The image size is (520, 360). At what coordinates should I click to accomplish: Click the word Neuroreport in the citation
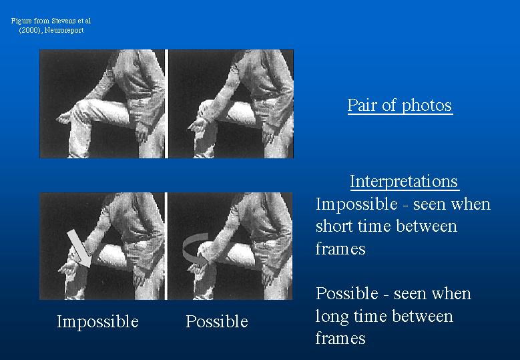(64, 30)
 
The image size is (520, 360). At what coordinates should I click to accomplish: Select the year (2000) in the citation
(31, 30)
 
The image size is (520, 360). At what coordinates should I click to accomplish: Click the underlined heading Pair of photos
(400, 105)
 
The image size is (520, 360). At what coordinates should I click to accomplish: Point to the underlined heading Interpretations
(405, 181)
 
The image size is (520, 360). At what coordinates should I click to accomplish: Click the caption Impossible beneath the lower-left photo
(97, 321)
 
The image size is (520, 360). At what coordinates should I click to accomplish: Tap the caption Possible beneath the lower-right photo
(217, 321)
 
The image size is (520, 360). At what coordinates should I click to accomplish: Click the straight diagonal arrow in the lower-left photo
(79, 248)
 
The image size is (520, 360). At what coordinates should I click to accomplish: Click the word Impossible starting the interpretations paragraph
(356, 204)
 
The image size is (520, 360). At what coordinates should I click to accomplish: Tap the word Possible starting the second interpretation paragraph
(347, 294)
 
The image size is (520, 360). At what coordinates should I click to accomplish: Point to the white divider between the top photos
(166, 104)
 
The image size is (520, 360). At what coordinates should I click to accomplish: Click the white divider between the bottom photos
(166, 246)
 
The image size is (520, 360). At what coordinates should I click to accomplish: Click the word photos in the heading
(427, 106)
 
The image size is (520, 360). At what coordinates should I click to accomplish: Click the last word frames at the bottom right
(340, 338)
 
